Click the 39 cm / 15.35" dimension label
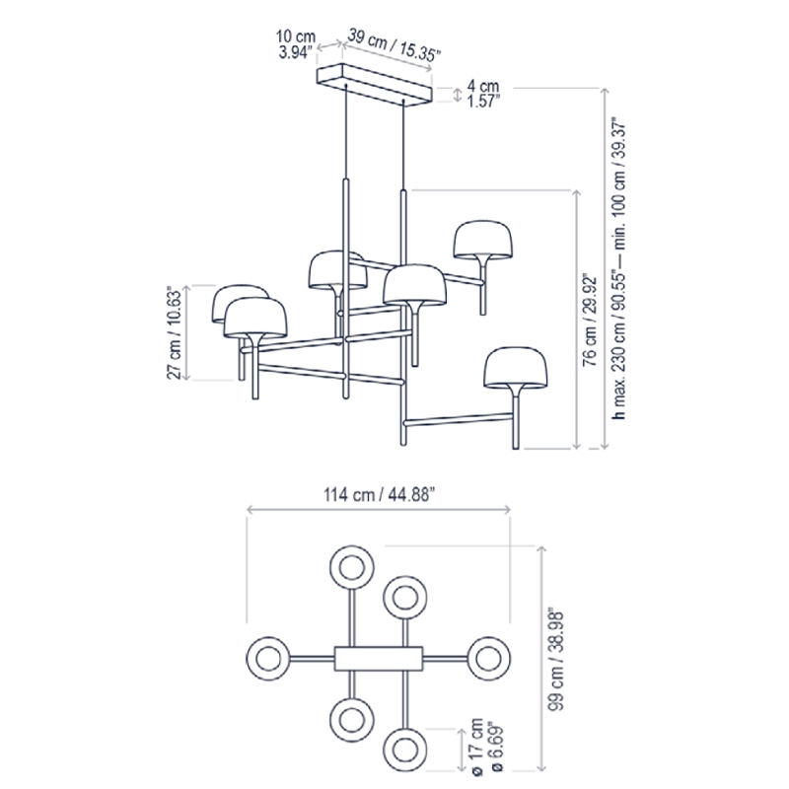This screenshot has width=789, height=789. click(x=394, y=45)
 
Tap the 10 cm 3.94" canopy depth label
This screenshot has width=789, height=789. click(x=296, y=44)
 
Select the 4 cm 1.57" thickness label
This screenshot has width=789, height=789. click(x=483, y=94)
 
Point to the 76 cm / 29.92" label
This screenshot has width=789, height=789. click(x=589, y=321)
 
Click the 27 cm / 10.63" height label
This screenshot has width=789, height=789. click(x=175, y=332)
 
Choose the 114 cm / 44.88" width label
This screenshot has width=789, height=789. click(x=379, y=495)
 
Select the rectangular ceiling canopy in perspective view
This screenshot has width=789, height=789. click(x=375, y=85)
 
